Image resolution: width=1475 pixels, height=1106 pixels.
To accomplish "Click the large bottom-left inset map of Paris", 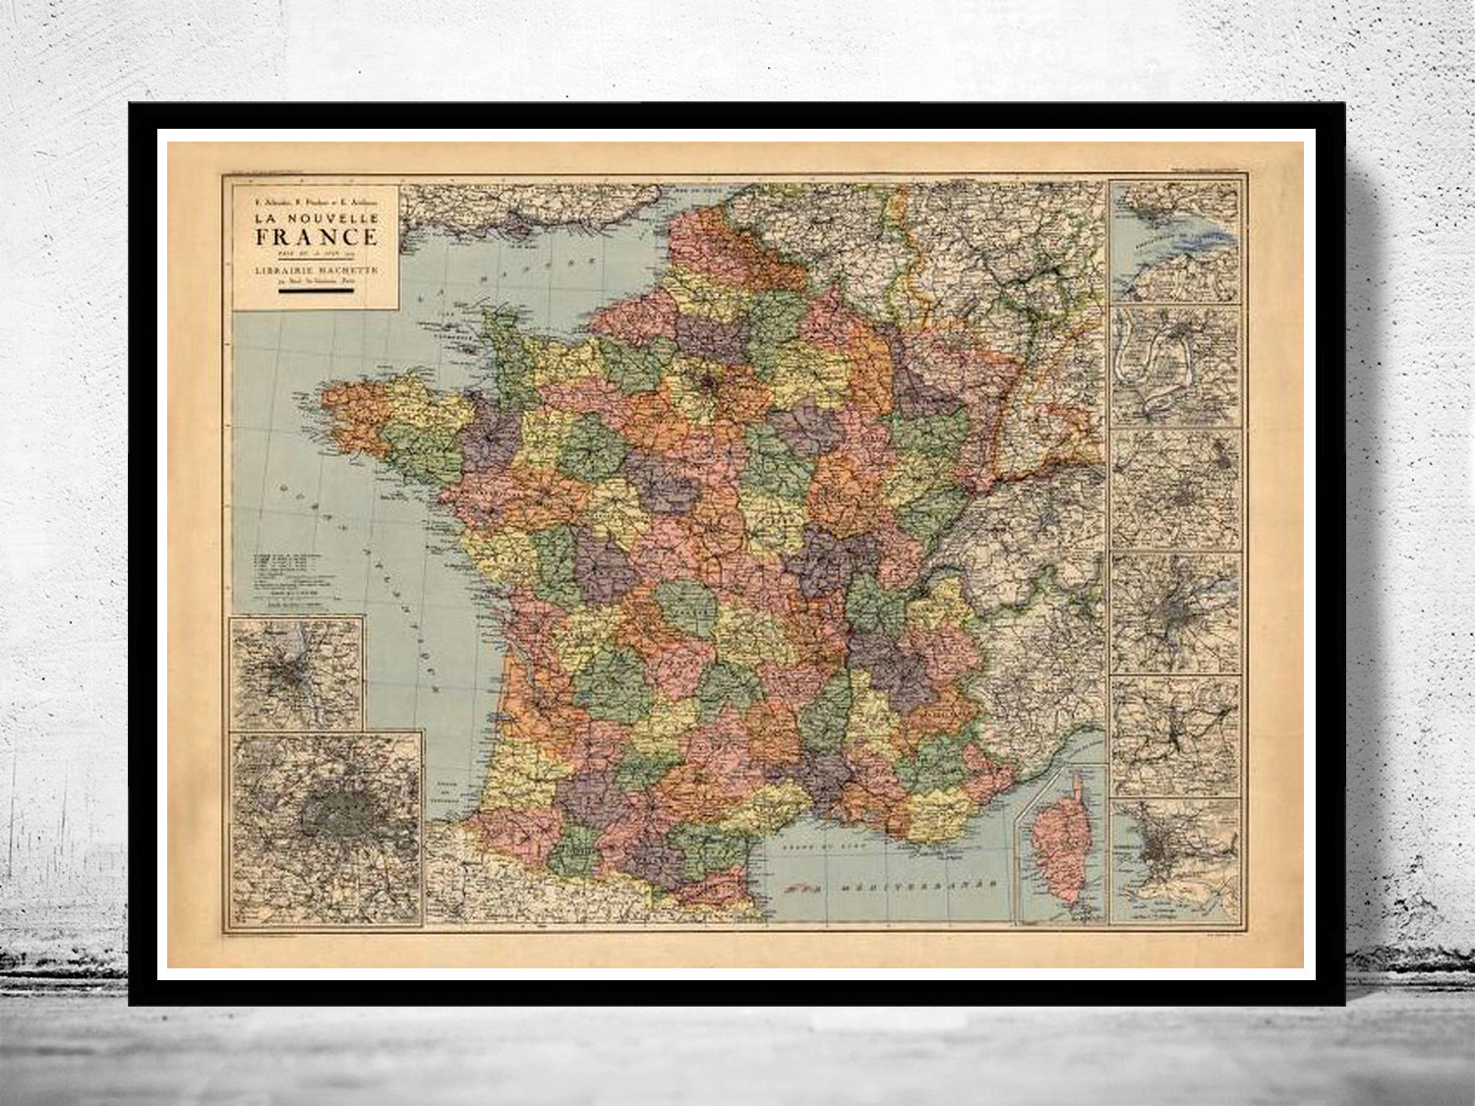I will click(327, 826).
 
